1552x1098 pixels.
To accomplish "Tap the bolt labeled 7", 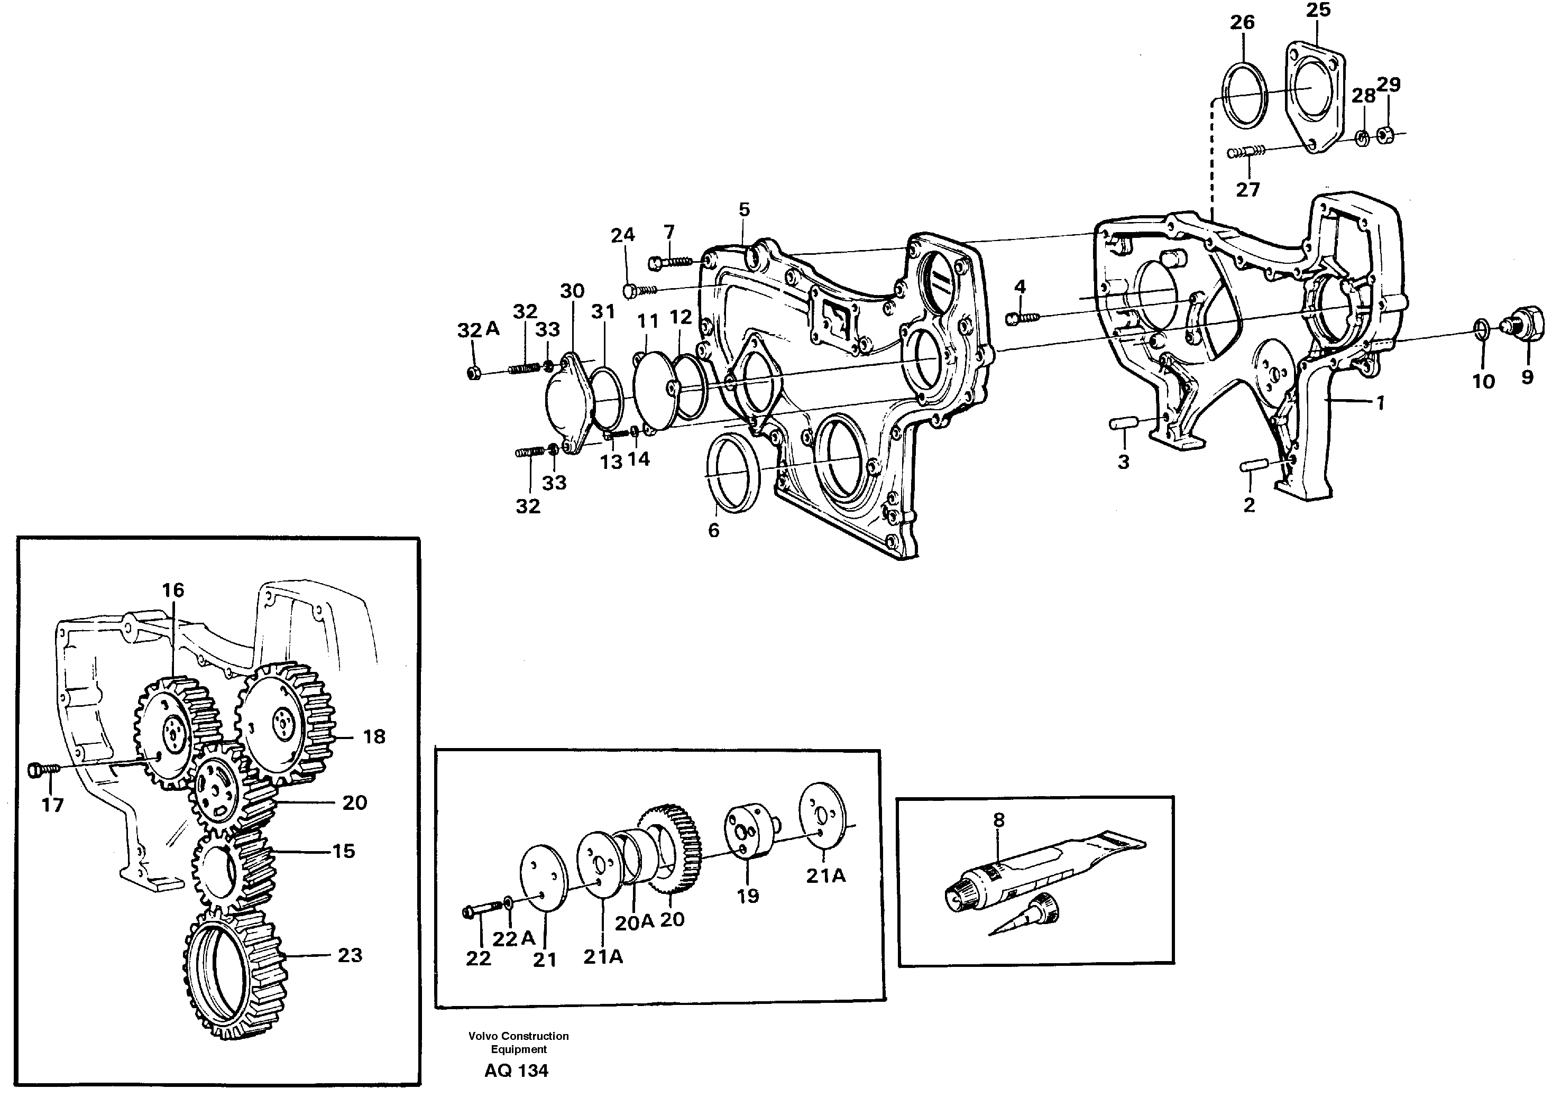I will [x=669, y=261].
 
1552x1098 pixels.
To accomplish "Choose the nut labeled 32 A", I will [x=474, y=373].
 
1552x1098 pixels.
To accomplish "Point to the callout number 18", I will [x=374, y=736].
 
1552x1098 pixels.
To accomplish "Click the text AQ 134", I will [x=516, y=1071].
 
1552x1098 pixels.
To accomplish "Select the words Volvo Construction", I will [x=518, y=1036].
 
